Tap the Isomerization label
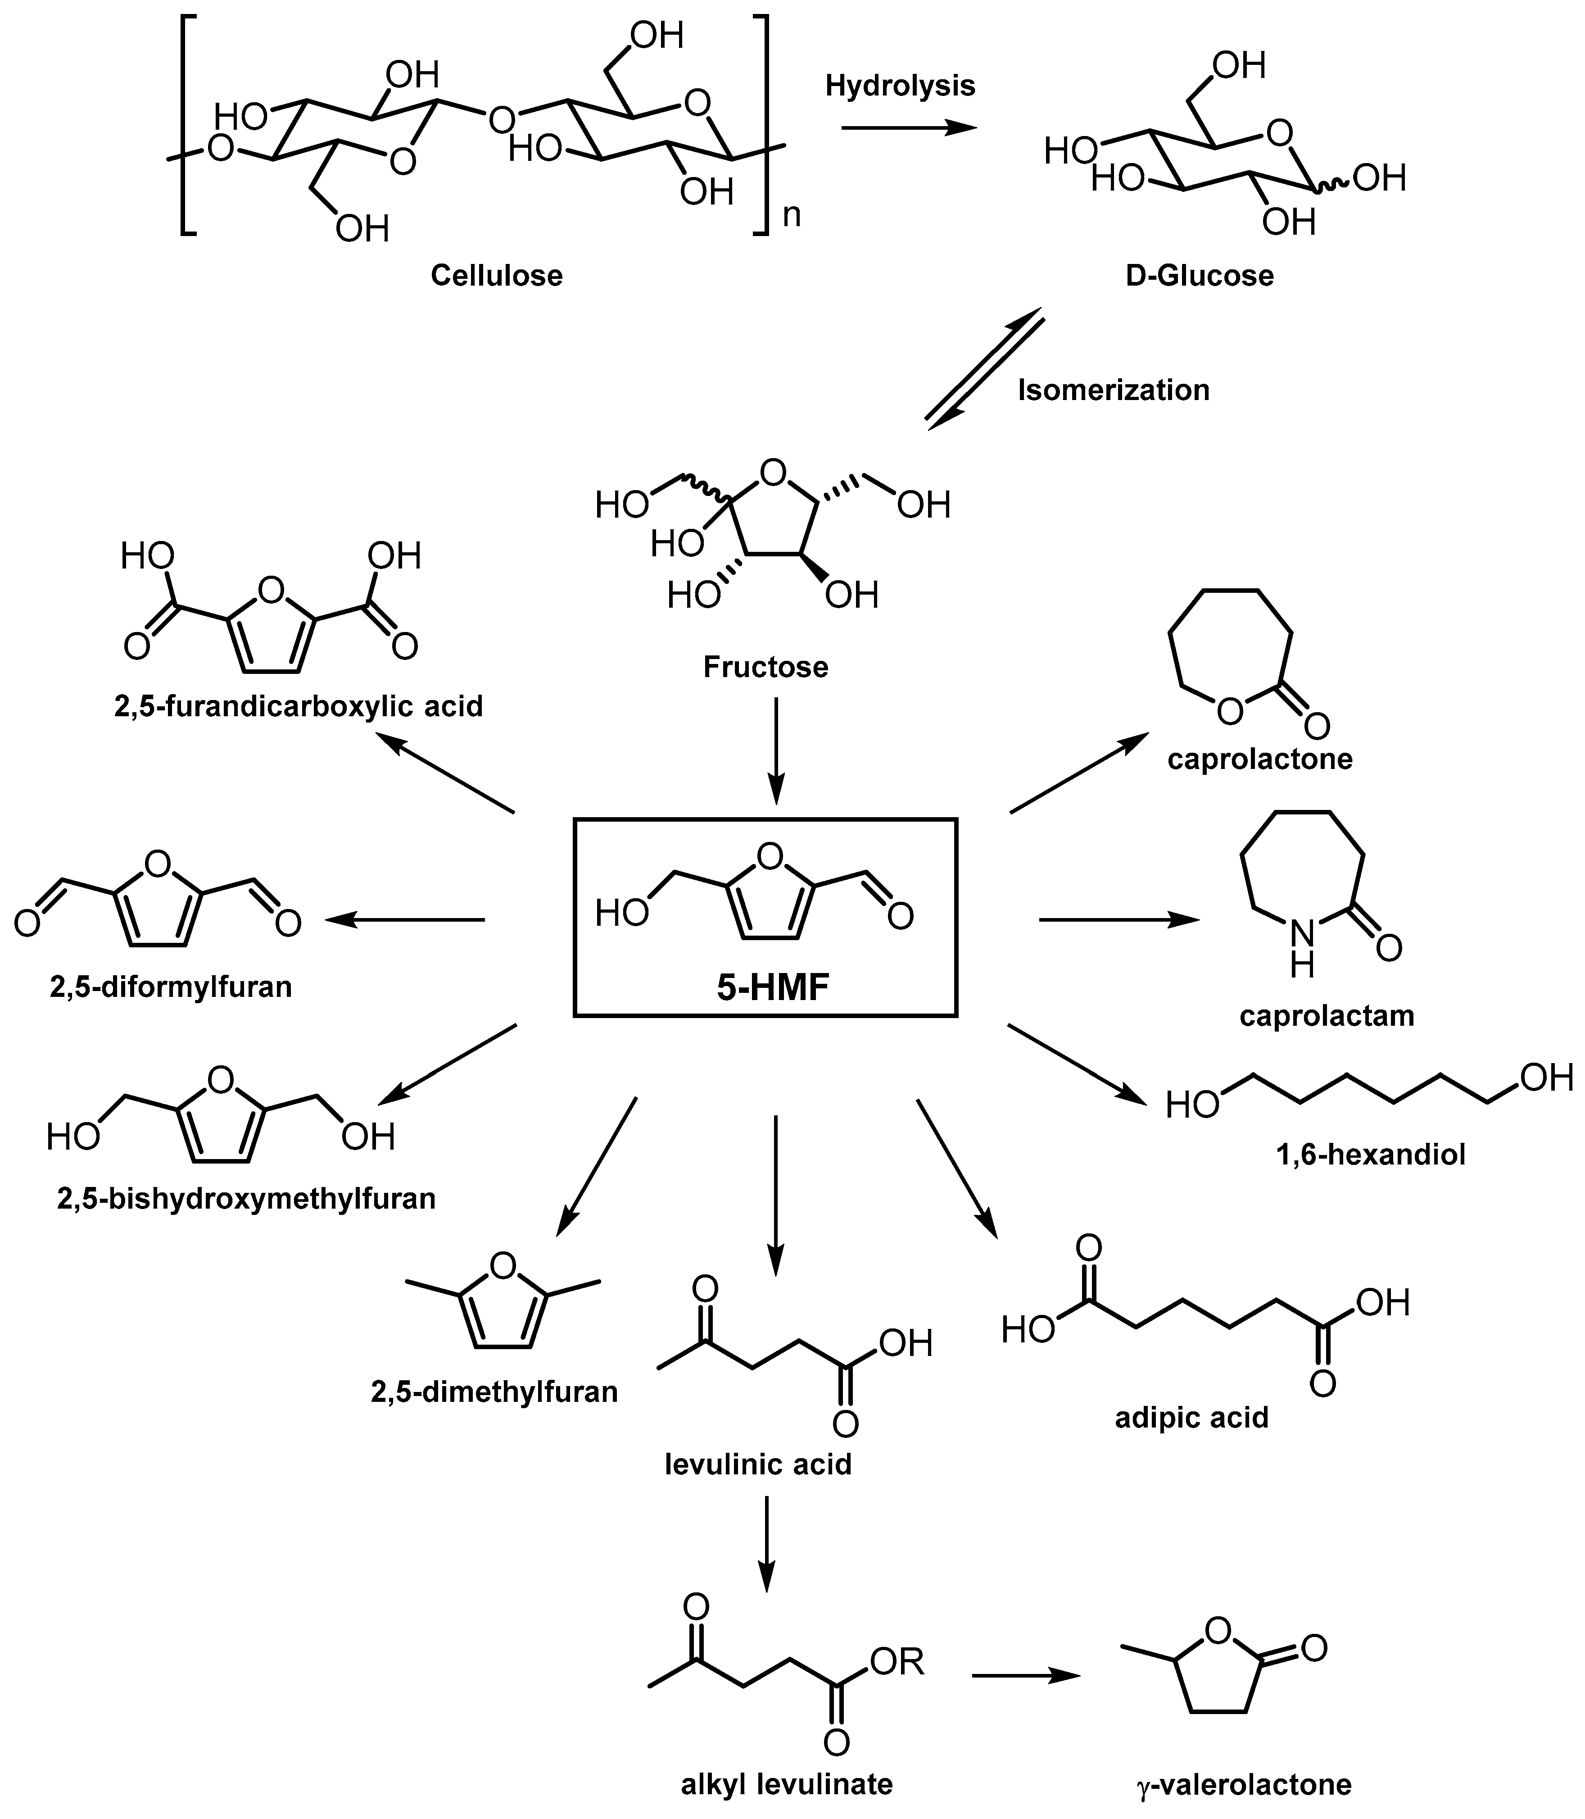click(1113, 390)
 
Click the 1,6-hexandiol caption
click(1371, 1155)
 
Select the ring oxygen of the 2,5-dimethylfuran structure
click(503, 1266)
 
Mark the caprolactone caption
click(1259, 759)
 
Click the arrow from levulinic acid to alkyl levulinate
click(766, 1544)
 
